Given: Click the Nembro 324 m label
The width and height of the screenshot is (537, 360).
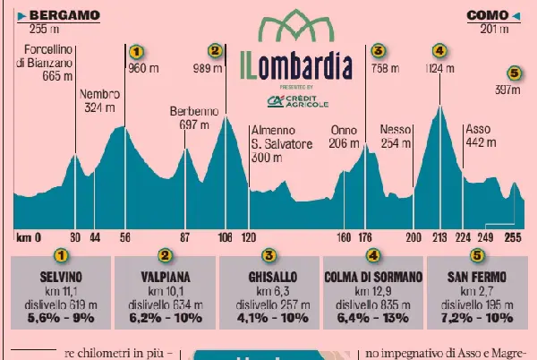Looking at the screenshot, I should tap(99, 100).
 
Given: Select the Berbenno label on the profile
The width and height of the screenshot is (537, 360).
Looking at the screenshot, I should tap(189, 118).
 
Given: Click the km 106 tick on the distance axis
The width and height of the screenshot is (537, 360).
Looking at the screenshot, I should tap(225, 237).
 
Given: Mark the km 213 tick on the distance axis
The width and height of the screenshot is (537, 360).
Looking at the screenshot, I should tap(439, 237).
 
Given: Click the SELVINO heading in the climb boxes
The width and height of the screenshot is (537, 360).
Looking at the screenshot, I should tap(61, 278).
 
